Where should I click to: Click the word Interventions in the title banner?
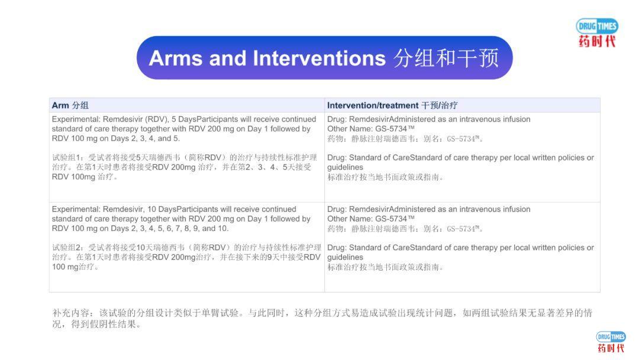319,58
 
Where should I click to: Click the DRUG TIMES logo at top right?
597,33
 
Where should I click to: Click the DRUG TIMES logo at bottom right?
611,342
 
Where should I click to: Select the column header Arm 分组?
70,105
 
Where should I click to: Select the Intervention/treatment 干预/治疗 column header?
392,105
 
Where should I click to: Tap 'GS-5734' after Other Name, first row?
395,129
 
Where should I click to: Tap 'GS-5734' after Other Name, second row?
395,219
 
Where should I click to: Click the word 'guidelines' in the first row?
346,168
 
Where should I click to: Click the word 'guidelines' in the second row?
346,258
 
